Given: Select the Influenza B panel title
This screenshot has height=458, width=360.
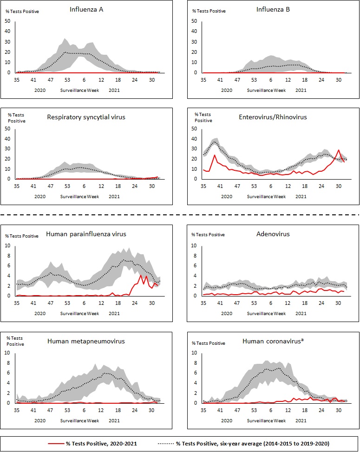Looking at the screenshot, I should [x=273, y=9].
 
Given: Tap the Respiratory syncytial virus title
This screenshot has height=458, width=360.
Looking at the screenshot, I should [x=86, y=117].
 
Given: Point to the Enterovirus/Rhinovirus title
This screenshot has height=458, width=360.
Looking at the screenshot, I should [x=274, y=117].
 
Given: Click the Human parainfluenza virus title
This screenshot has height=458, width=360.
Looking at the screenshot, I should [x=86, y=234].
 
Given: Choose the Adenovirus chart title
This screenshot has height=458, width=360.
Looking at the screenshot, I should [x=273, y=234].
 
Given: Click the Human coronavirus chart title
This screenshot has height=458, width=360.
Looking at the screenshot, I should [x=273, y=342].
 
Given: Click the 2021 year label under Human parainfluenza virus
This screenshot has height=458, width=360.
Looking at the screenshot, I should [x=114, y=313].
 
